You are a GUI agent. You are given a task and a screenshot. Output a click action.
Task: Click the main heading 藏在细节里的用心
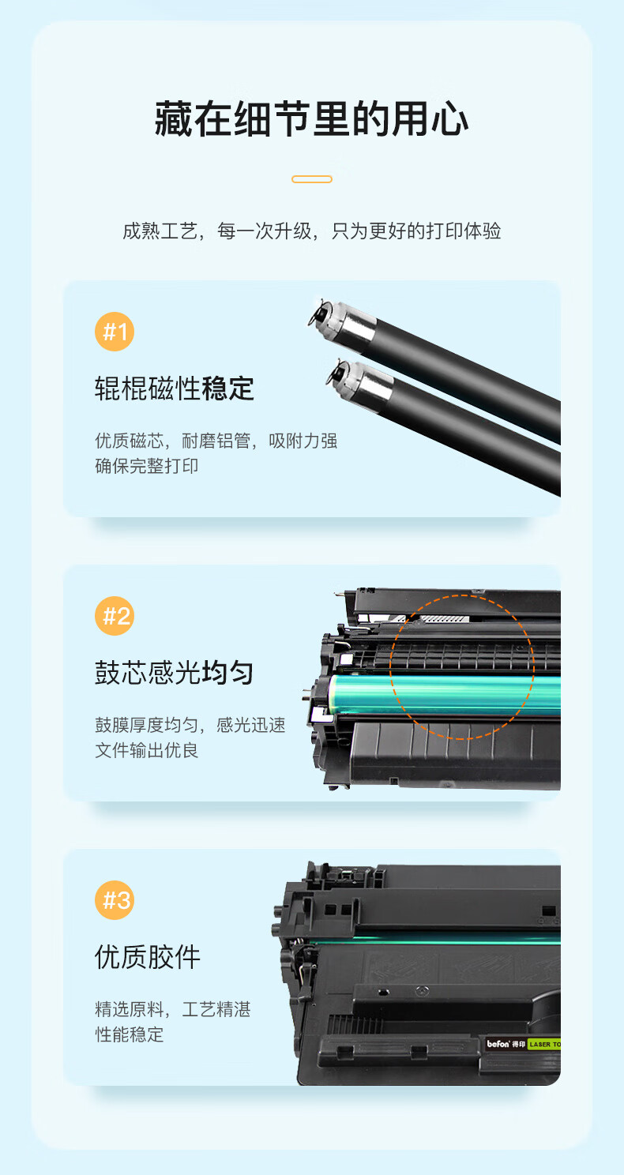(312, 119)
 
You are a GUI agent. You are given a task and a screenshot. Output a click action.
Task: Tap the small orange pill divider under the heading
(312, 179)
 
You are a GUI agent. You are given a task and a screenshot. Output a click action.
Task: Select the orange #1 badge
(115, 332)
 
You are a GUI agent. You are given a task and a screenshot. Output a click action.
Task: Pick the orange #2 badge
(115, 616)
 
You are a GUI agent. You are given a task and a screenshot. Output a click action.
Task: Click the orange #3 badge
(115, 900)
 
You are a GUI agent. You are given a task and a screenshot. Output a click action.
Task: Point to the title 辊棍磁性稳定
(175, 389)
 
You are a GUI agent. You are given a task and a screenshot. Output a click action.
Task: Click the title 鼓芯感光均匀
(175, 673)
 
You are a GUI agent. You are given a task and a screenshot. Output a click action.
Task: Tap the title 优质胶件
(148, 957)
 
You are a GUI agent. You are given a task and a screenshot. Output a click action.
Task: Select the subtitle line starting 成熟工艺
(312, 231)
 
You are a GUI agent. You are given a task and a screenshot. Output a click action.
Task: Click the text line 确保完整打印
(146, 466)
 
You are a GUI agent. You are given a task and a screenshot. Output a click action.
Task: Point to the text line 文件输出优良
(146, 750)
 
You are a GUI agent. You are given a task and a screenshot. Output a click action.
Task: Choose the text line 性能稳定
(129, 1034)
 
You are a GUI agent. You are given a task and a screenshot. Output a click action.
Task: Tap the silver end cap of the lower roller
(368, 382)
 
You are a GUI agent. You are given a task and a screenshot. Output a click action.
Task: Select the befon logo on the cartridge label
(498, 1044)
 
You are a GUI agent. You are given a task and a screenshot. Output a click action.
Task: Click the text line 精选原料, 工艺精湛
(173, 1009)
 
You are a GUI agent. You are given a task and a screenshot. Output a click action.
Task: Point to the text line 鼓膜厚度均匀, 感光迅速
(190, 725)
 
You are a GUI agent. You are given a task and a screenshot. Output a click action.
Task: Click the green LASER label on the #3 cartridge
(544, 1045)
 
